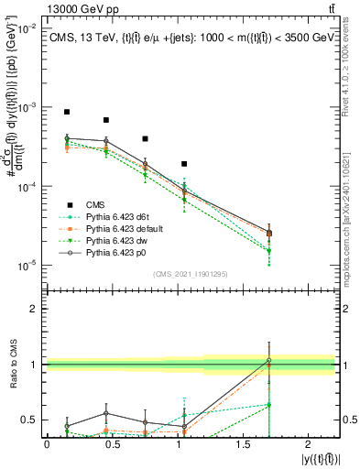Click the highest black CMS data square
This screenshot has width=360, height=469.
[67, 112]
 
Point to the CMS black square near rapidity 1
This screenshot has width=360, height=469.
[185, 164]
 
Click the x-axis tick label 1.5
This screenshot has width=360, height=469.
[257, 444]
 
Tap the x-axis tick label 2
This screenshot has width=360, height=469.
[327, 444]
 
